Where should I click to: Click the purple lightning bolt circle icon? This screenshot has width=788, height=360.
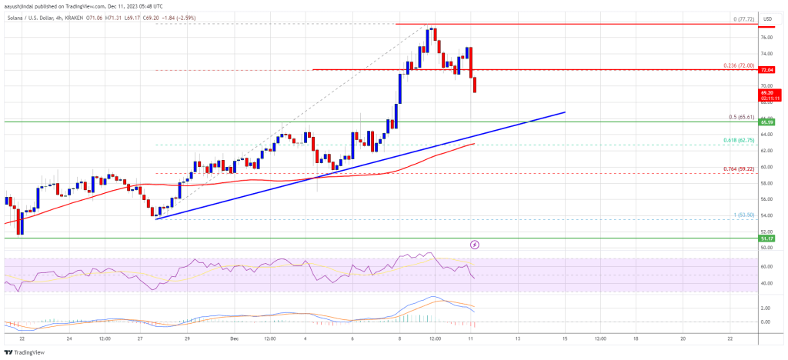475,245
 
